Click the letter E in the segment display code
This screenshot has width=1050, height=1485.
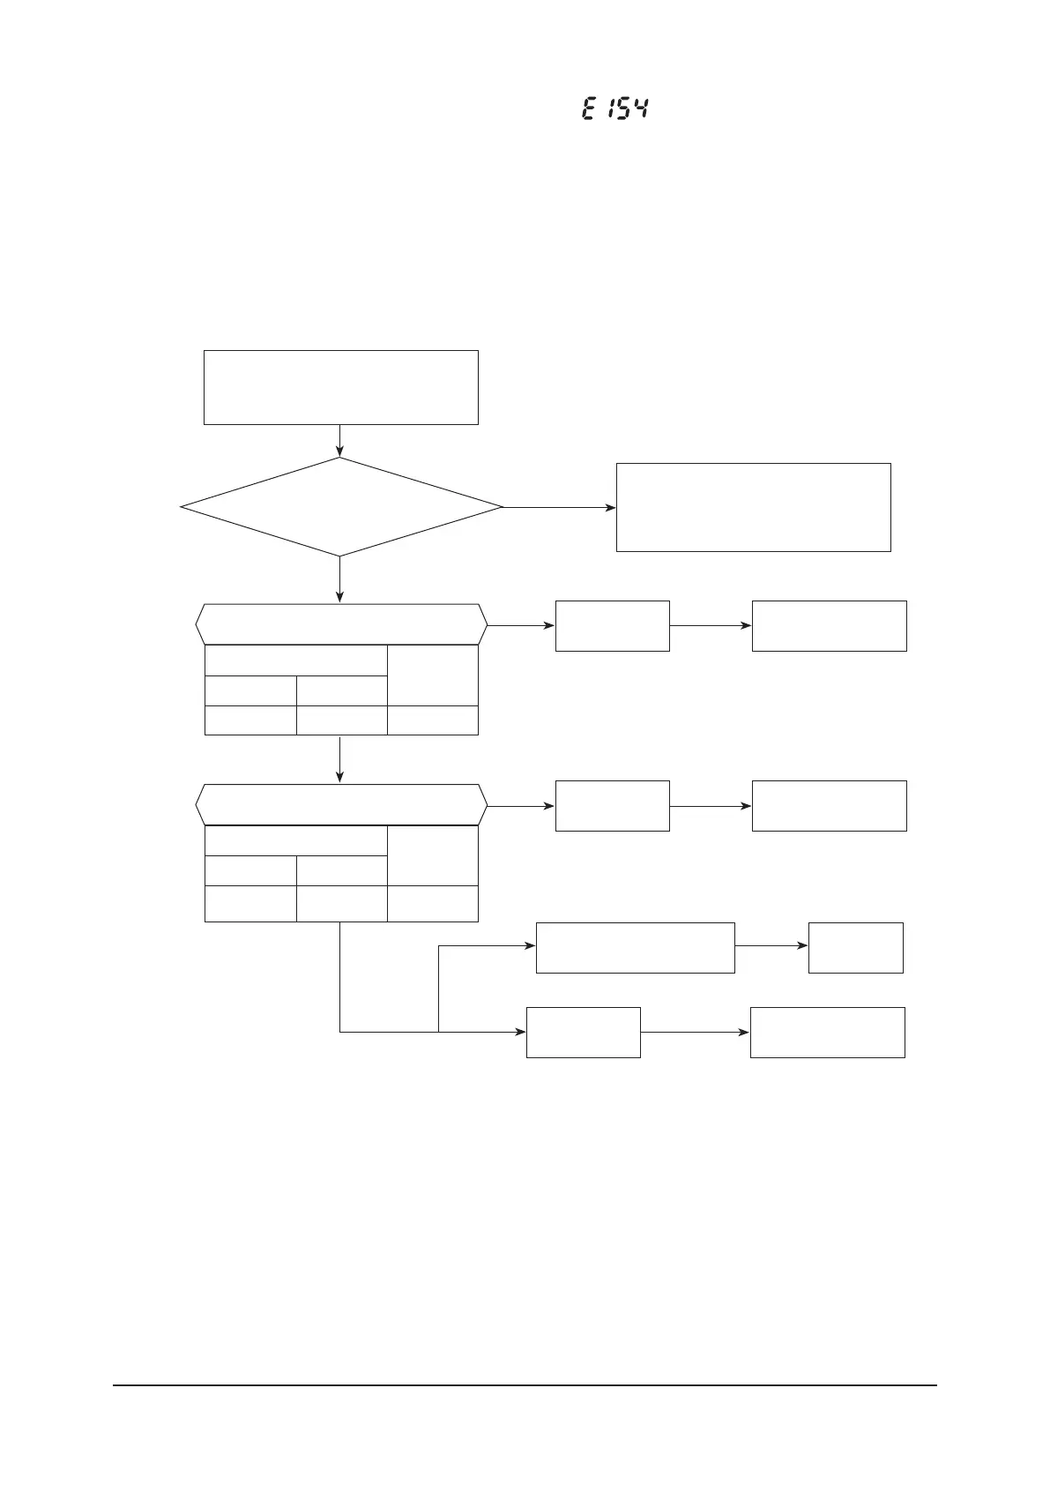click(588, 109)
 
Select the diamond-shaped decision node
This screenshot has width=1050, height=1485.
click(340, 507)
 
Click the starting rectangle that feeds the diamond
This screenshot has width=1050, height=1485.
click(340, 387)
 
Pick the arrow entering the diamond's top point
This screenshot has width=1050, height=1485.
click(339, 441)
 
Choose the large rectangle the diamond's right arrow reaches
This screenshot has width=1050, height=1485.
click(753, 507)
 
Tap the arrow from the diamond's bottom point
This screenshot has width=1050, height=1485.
click(339, 580)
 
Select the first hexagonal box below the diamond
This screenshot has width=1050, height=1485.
click(340, 624)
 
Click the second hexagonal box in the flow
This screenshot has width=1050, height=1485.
click(340, 804)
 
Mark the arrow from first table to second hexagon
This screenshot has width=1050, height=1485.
click(339, 758)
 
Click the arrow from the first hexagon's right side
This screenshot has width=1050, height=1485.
click(521, 625)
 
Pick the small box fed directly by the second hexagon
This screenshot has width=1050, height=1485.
click(612, 805)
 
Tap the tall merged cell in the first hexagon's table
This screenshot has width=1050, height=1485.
click(432, 675)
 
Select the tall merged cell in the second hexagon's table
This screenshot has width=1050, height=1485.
click(432, 855)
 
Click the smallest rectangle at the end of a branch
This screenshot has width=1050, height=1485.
click(855, 947)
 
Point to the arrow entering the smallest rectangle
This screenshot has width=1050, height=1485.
click(771, 945)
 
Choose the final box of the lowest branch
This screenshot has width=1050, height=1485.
click(827, 1032)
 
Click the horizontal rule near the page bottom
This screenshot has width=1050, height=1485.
click(525, 1384)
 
